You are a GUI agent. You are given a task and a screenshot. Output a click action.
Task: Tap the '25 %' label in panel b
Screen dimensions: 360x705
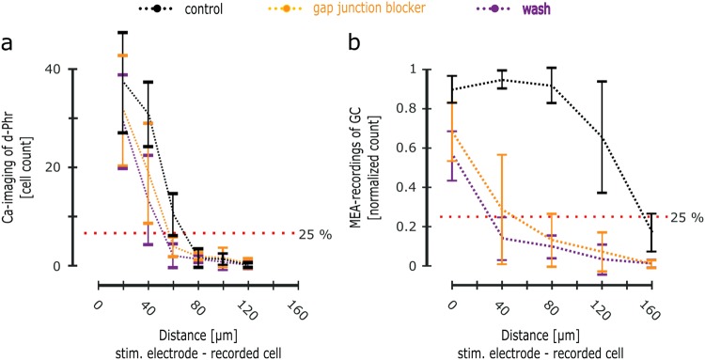point(686,217)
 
